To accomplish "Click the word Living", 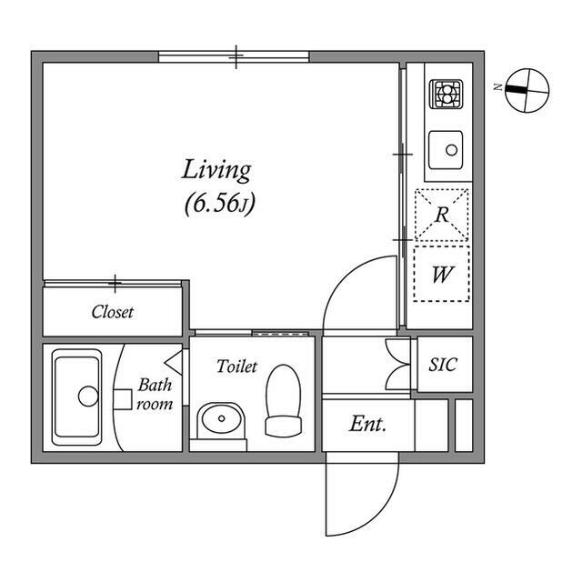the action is coord(216,171).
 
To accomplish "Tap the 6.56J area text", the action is coord(220,204).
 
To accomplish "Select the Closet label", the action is coord(112,312).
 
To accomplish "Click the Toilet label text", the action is coord(236,366).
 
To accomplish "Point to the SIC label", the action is coord(443,365).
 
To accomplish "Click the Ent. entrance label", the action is coord(367,424).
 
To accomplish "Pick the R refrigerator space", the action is coord(442,215).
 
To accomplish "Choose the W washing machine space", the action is coord(442,274).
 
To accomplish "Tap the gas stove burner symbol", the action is coord(446,95).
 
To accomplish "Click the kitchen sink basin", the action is coord(446,150).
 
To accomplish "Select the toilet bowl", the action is coord(283,400).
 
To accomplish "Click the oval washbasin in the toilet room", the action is coord(221,419).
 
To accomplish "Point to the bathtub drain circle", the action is coord(88,396).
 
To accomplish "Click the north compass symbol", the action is coord(527,90).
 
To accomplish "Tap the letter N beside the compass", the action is coord(497,87).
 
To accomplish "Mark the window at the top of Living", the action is coord(234,56).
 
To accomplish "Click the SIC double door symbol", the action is coord(397,364).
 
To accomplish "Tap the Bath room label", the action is coord(155,395).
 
